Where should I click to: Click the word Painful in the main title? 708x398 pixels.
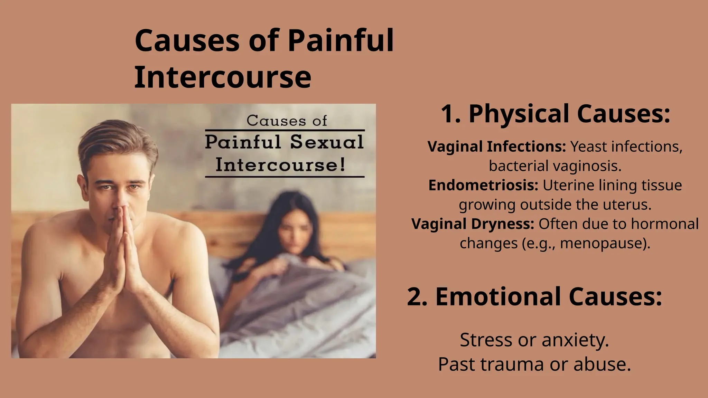341,41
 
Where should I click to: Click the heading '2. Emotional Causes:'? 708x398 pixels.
534,296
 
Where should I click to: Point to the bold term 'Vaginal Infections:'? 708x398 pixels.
496,146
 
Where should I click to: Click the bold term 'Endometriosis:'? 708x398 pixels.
483,185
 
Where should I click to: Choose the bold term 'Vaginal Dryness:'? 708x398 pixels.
473,224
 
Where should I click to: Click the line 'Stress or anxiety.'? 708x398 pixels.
534,340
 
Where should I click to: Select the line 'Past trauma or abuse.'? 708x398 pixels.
534,364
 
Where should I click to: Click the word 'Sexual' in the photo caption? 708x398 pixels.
327,142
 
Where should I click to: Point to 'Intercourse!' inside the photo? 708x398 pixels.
280,165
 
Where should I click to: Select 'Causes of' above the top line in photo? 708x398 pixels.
287,121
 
